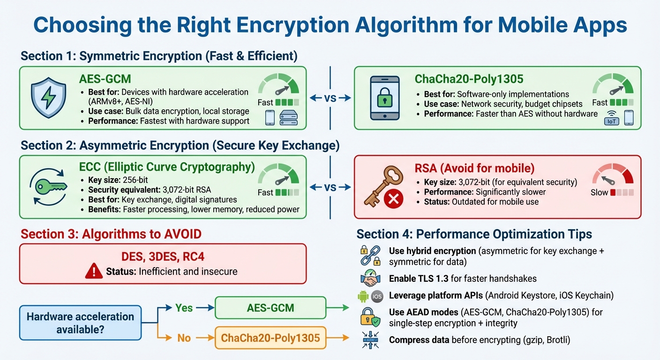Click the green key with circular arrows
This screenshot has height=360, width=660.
point(49,187)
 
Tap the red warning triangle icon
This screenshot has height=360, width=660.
point(94,271)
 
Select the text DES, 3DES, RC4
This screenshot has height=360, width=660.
point(162,256)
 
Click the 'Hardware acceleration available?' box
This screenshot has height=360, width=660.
point(80,322)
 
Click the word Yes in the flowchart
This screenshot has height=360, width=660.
point(184,307)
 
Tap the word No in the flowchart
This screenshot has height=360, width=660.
point(183,337)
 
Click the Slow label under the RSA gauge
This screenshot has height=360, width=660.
point(599,192)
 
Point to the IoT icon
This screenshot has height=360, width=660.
point(612,120)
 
